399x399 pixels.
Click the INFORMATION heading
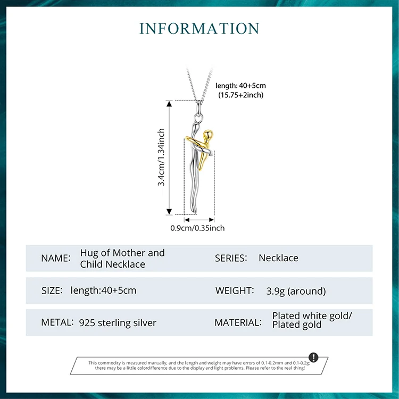[199, 28]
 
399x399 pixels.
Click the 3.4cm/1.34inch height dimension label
[161, 157]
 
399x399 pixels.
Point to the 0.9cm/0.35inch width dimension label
[197, 228]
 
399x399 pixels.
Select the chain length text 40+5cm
[240, 85]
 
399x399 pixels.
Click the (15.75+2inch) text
[241, 95]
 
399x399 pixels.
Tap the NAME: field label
[55, 258]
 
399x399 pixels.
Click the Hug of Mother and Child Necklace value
[122, 258]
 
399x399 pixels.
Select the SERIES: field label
[231, 258]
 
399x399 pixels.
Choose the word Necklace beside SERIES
[278, 258]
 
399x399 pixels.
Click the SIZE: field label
[52, 290]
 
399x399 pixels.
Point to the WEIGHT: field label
[234, 290]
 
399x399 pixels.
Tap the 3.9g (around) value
[296, 291]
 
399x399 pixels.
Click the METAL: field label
[57, 322]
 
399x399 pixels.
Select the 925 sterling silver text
[118, 323]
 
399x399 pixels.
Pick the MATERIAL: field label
[238, 322]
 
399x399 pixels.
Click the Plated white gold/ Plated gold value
[312, 320]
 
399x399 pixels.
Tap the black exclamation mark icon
[313, 357]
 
